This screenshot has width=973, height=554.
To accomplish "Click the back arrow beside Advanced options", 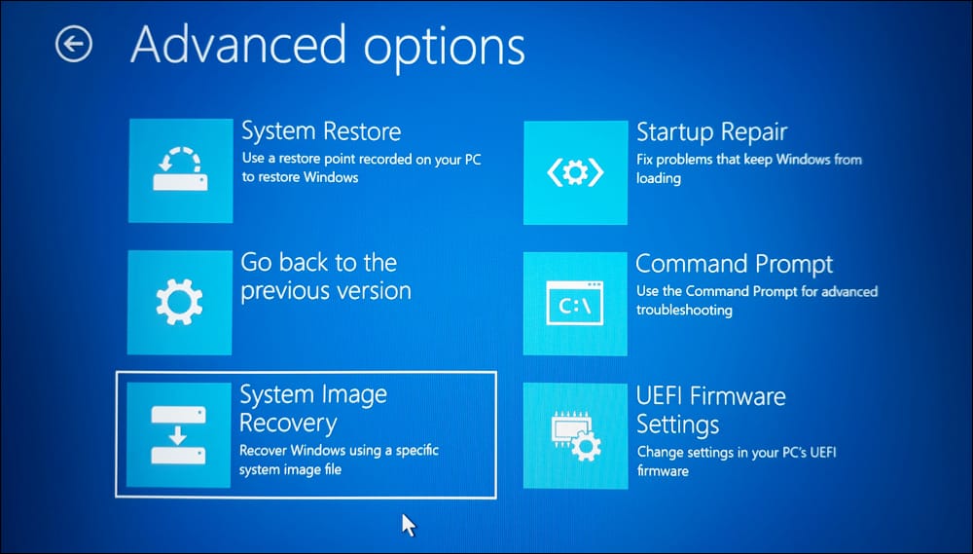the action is click(x=73, y=44).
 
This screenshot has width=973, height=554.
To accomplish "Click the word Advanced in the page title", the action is click(x=238, y=44).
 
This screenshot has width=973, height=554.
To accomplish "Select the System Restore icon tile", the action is click(x=181, y=170).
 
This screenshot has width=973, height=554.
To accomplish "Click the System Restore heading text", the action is click(x=321, y=131).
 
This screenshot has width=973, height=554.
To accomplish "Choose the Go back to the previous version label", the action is click(x=326, y=277).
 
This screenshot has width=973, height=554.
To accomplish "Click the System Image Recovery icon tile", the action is click(x=178, y=435).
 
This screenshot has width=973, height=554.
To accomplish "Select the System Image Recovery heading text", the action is click(x=313, y=409).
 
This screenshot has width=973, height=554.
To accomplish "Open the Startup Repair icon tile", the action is click(x=575, y=172).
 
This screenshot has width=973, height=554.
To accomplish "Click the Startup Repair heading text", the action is click(x=712, y=131).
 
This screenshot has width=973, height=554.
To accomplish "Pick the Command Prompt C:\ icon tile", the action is click(x=575, y=304).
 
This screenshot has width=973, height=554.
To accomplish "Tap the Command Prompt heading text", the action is click(x=734, y=264).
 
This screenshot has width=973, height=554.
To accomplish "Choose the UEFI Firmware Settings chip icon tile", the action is click(x=575, y=436).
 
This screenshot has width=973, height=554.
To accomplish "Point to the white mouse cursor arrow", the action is click(x=409, y=525).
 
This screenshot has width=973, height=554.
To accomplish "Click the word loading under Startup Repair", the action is click(x=659, y=178).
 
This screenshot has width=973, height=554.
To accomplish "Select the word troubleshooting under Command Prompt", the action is click(x=684, y=310).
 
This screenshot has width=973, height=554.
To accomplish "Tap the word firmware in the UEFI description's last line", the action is click(x=663, y=471).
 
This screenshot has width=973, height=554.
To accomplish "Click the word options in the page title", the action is click(x=445, y=47).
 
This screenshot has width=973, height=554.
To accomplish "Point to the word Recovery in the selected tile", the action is click(x=288, y=424).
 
